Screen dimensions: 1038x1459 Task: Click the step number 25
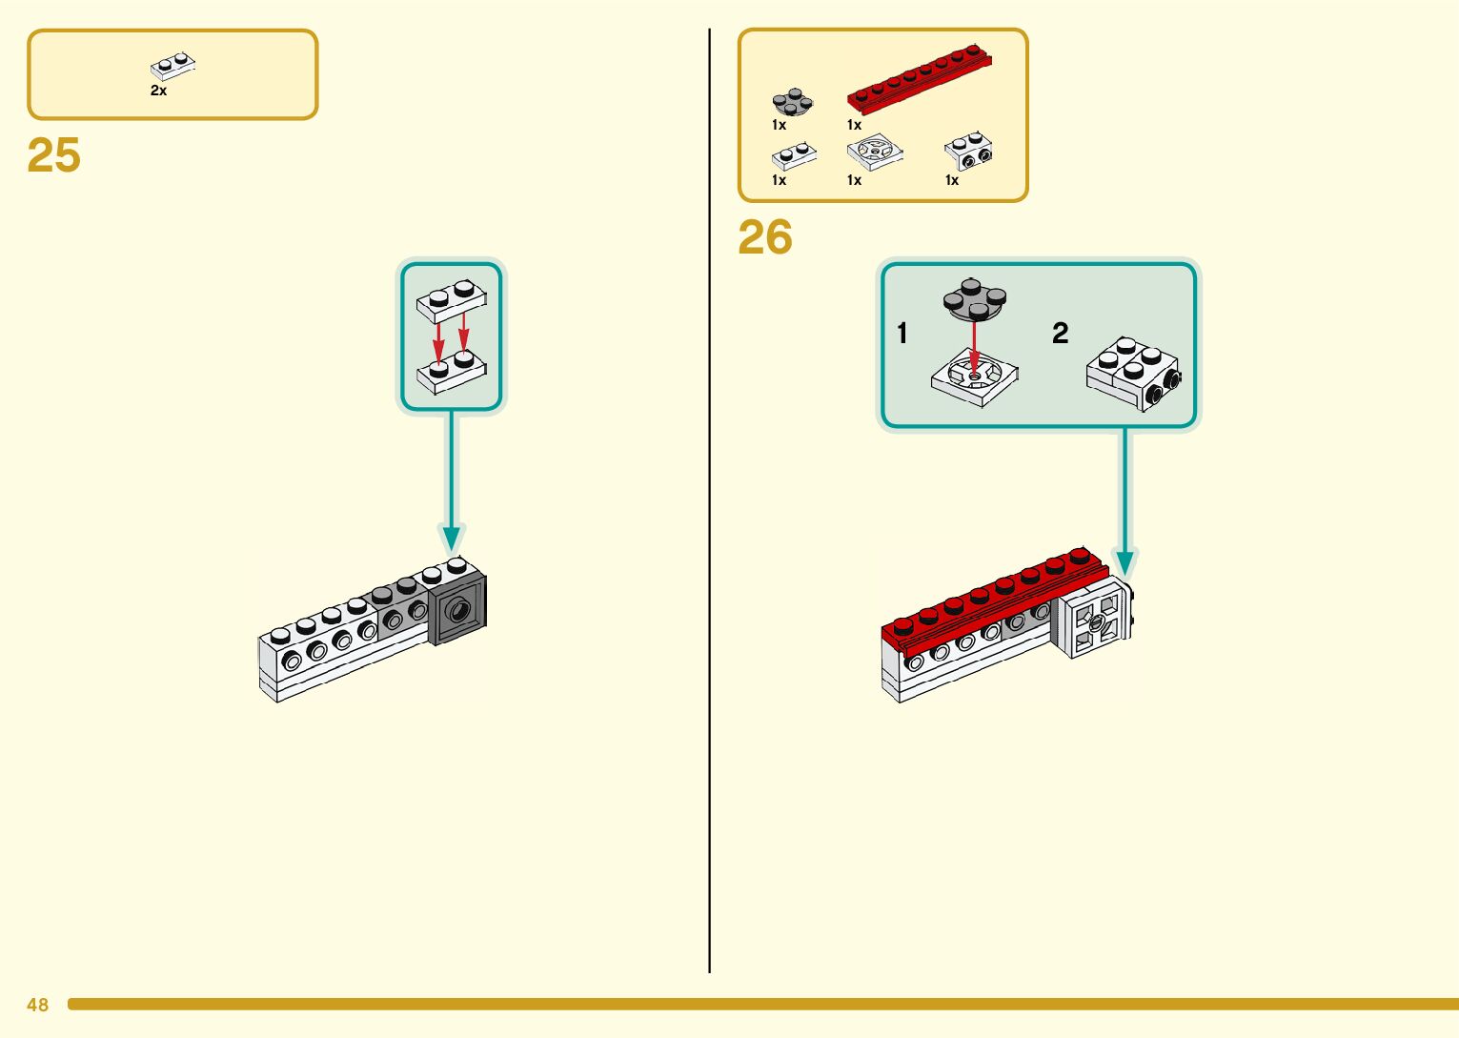pyautogui.click(x=54, y=155)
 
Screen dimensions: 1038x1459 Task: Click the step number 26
pyautogui.click(x=764, y=238)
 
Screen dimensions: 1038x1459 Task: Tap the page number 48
pyautogui.click(x=37, y=1005)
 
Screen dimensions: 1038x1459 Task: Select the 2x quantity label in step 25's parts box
pyautogui.click(x=158, y=91)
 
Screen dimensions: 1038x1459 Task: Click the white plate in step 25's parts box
pyautogui.click(x=172, y=66)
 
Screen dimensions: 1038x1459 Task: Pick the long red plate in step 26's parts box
pyautogui.click(x=919, y=75)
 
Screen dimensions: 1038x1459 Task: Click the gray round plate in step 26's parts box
pyautogui.click(x=792, y=101)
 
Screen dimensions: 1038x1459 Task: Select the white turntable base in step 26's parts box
pyautogui.click(x=874, y=153)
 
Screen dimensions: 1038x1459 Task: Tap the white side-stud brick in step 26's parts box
pyautogui.click(x=968, y=152)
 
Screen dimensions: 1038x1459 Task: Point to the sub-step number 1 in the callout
pyautogui.click(x=902, y=334)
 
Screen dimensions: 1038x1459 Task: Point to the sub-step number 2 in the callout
pyautogui.click(x=1061, y=334)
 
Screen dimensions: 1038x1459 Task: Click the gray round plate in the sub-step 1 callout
pyautogui.click(x=974, y=299)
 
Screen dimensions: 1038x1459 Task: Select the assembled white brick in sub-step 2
pyautogui.click(x=1133, y=373)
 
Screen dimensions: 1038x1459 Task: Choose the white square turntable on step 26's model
pyautogui.click(x=1093, y=623)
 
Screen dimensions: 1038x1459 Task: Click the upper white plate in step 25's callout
pyautogui.click(x=452, y=301)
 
